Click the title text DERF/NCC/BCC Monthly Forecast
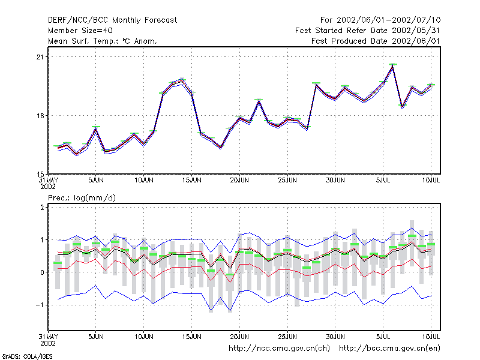112,20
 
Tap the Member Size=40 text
80,31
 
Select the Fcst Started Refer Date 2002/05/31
367,31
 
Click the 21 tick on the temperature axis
40,57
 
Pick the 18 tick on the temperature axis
40,116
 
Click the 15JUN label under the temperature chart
191,180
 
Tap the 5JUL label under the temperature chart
383,180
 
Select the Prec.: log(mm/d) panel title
82,198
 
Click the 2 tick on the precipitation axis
42,208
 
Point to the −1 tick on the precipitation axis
40,305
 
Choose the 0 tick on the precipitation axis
42,272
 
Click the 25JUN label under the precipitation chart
287,337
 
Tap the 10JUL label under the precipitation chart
431,337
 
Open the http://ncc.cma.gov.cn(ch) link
279,349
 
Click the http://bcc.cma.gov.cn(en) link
389,349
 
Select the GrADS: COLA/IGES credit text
27,356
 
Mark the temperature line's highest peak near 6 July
392,66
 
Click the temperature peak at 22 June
259,100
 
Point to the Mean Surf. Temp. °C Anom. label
102,41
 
